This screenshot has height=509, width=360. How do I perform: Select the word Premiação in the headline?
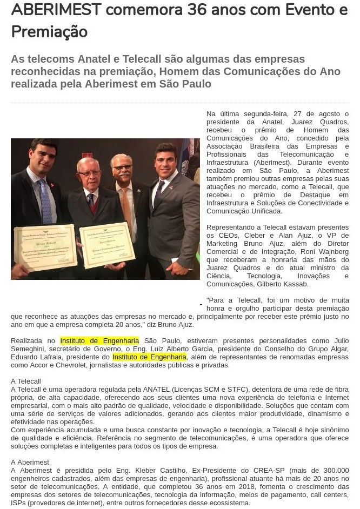(49, 32)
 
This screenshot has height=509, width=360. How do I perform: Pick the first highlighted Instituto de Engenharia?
(99, 340)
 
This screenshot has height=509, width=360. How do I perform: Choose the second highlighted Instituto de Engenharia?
(150, 357)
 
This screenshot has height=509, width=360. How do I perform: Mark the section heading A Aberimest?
(30, 462)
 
